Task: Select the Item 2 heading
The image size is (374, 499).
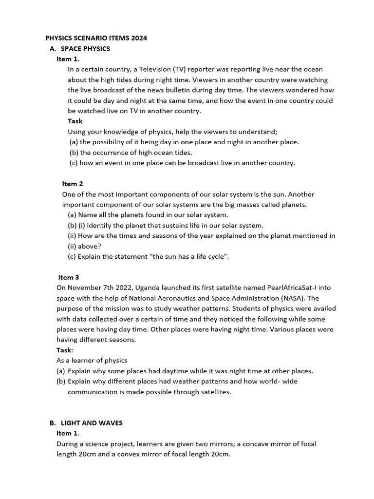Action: pos(73,184)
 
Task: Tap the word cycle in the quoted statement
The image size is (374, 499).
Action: pos(214,256)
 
